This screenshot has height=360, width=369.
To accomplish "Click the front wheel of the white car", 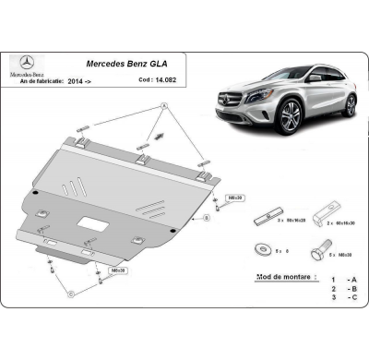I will (290, 119).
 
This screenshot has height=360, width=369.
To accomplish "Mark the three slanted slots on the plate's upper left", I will (72, 185).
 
